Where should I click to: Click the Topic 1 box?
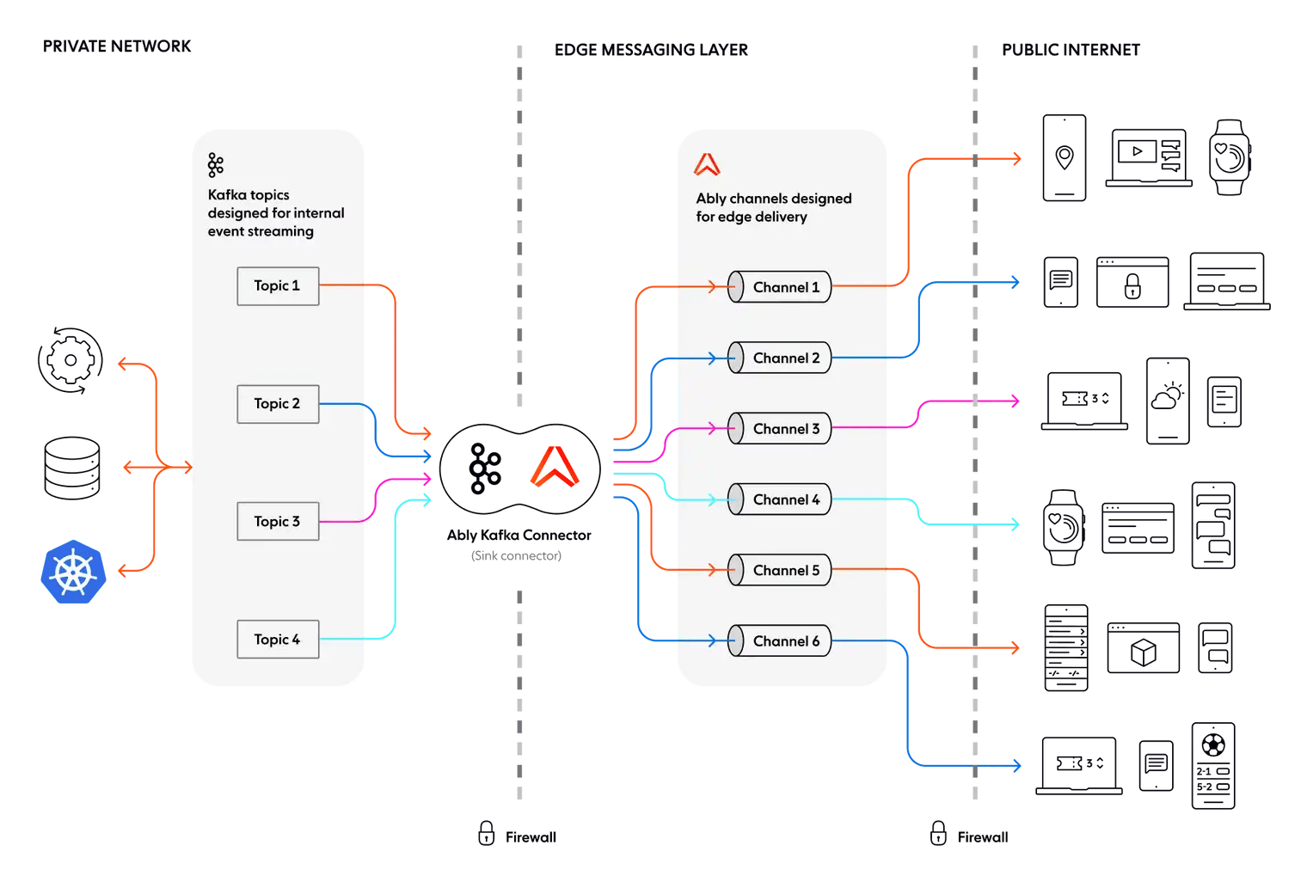pyautogui.click(x=278, y=286)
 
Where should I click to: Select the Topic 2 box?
pyautogui.click(x=278, y=404)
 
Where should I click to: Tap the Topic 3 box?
pyautogui.click(x=278, y=522)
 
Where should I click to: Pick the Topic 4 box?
pyautogui.click(x=278, y=640)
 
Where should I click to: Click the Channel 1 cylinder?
pyautogui.click(x=780, y=287)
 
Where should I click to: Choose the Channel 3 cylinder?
pyautogui.click(x=780, y=429)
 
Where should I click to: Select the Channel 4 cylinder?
pyautogui.click(x=780, y=499)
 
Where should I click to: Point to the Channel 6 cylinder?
pyautogui.click(x=780, y=641)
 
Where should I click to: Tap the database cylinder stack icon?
pyautogui.click(x=73, y=469)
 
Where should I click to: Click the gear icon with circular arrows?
pyautogui.click(x=71, y=360)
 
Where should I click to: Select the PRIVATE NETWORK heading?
pyautogui.click(x=117, y=46)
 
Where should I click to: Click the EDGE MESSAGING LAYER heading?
pyautogui.click(x=651, y=50)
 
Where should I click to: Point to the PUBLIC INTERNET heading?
pyautogui.click(x=1071, y=50)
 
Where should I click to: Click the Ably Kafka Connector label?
pyautogui.click(x=519, y=536)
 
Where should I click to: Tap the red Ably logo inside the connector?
pyautogui.click(x=555, y=468)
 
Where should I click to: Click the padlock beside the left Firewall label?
pyautogui.click(x=487, y=833)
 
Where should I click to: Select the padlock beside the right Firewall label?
pyautogui.click(x=939, y=833)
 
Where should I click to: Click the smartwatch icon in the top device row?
pyautogui.click(x=1230, y=157)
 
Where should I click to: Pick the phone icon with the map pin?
pyautogui.click(x=1065, y=158)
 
